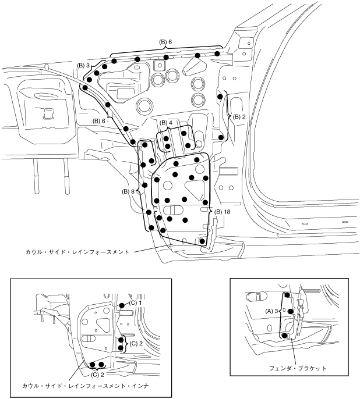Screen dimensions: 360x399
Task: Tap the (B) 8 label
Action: [x=128, y=191]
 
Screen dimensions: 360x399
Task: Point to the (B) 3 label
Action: [x=83, y=66]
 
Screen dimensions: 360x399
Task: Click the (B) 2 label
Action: [x=239, y=117]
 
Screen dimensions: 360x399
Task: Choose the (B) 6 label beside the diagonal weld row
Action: [x=98, y=121]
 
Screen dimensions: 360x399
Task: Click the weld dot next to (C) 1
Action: [x=121, y=305]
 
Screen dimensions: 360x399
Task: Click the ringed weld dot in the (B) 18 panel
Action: [x=202, y=240]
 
